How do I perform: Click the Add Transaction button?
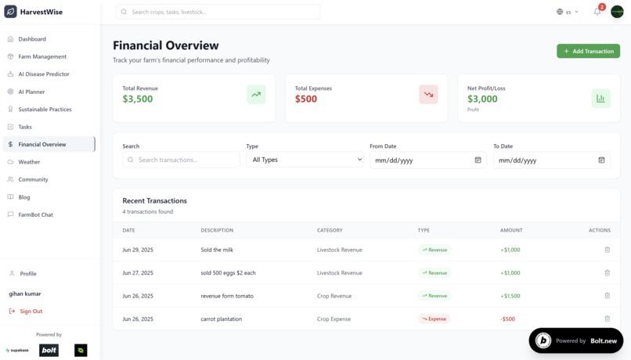(588, 51)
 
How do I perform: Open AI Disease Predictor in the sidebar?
(44, 74)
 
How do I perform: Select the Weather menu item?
(29, 162)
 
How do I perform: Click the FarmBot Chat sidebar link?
(35, 214)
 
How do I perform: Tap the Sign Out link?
(31, 311)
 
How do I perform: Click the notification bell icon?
(597, 12)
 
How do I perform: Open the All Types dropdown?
(305, 160)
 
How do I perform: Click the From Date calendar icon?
(478, 160)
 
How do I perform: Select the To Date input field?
(544, 160)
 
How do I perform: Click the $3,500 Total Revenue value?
(138, 99)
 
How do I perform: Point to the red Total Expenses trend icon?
(428, 95)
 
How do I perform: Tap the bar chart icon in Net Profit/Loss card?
(600, 98)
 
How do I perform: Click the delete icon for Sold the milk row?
(607, 250)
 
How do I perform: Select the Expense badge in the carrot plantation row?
(434, 319)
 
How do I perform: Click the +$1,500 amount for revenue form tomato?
(510, 296)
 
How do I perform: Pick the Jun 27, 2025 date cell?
(138, 273)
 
